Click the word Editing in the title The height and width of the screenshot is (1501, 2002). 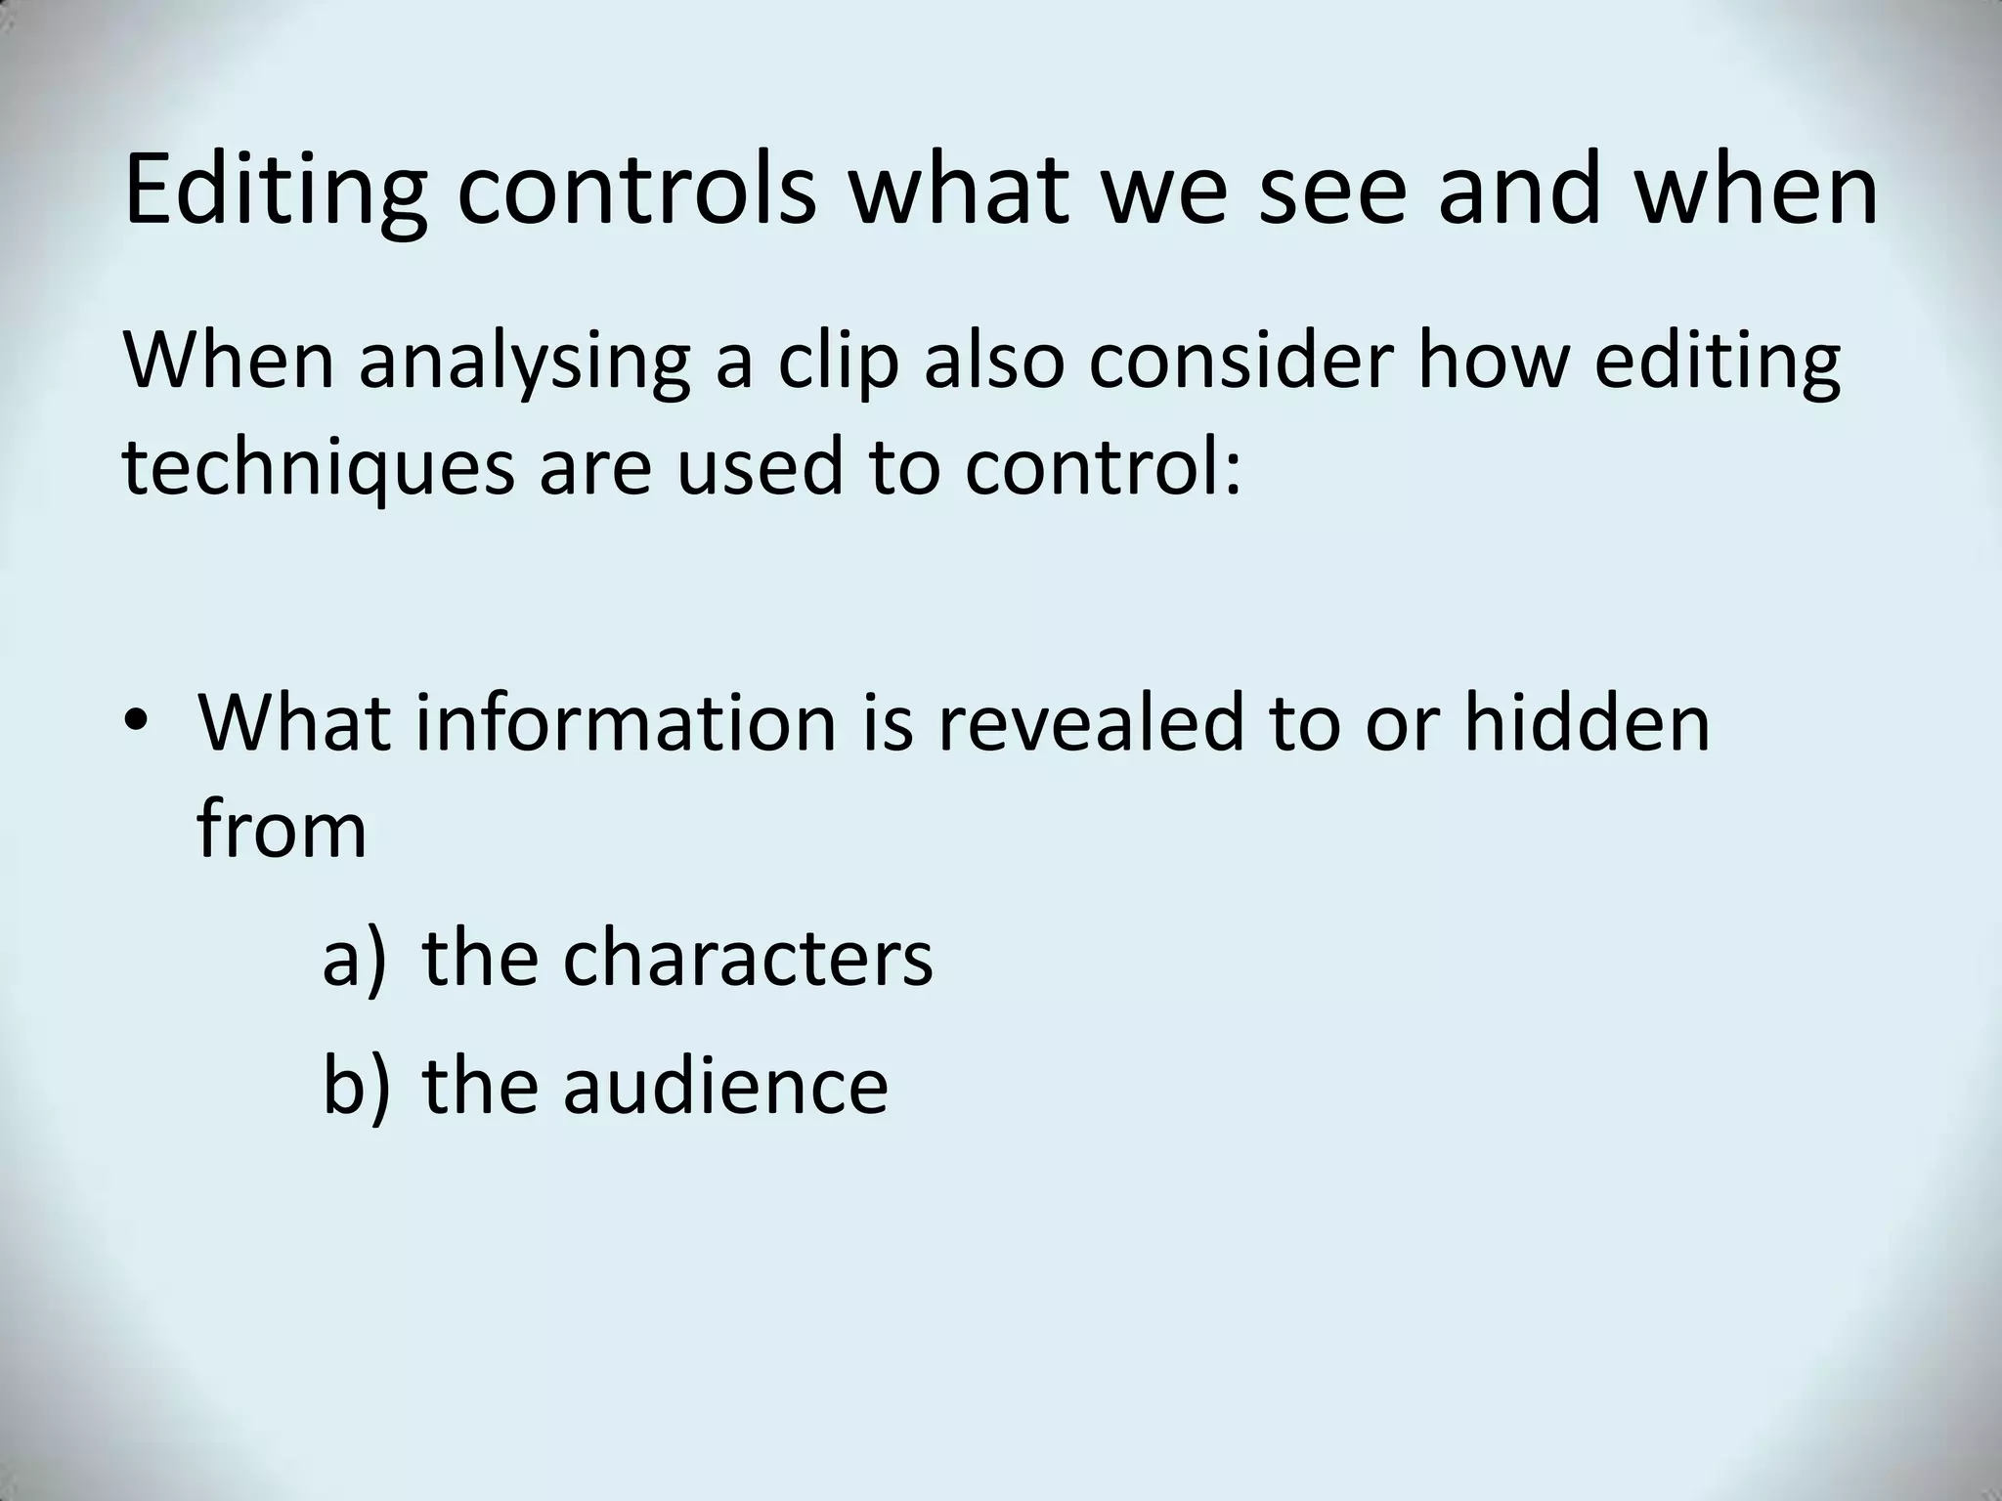tap(276, 192)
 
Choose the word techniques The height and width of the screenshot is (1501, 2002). tap(318, 469)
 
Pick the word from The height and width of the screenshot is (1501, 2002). tap(282, 830)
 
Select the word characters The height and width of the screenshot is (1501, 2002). tap(748, 959)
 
